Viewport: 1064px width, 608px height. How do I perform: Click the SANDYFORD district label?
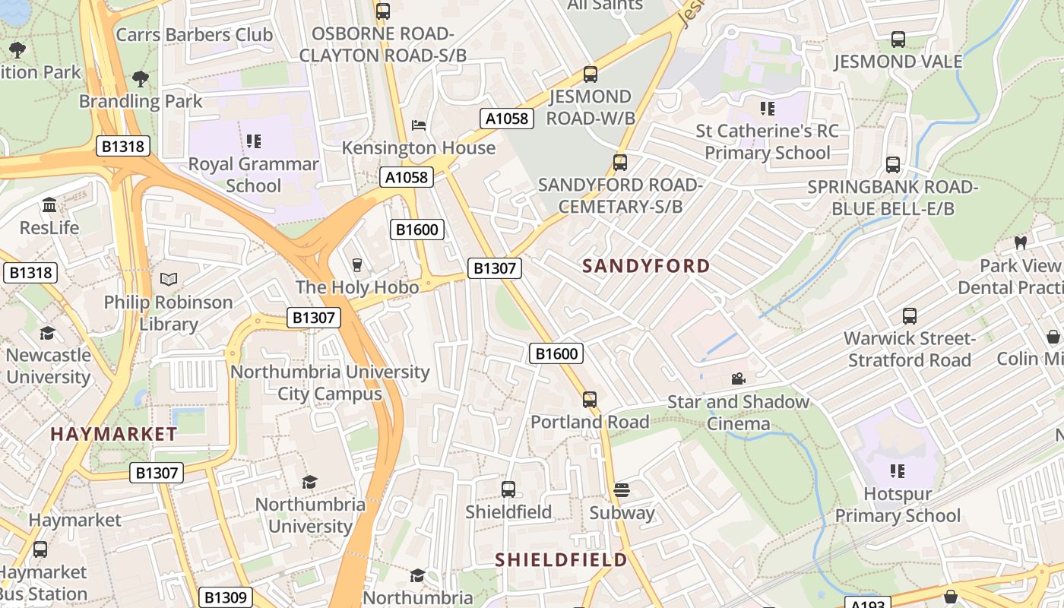[646, 266]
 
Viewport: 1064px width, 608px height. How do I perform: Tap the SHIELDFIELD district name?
[561, 560]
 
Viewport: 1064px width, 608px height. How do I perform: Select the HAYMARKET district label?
[114, 434]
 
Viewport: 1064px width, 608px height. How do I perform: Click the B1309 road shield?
[226, 597]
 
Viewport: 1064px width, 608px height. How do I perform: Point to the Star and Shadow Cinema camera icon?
[737, 378]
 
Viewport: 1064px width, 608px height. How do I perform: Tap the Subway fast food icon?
[622, 490]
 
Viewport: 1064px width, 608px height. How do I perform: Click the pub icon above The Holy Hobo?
[356, 264]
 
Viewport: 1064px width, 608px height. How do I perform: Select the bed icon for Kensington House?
[418, 125]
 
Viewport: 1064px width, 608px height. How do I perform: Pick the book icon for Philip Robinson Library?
[168, 280]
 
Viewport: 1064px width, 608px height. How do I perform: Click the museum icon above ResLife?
[49, 205]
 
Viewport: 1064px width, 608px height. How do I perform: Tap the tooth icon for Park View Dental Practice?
[1020, 243]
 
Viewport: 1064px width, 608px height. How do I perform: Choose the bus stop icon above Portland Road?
[590, 399]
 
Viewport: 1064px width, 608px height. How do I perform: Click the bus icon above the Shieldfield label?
[508, 489]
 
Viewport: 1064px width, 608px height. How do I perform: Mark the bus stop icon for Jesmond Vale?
[898, 39]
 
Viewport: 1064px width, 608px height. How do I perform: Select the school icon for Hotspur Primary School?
[898, 471]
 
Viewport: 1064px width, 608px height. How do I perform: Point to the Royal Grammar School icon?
[254, 141]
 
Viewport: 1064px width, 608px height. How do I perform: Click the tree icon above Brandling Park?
[141, 78]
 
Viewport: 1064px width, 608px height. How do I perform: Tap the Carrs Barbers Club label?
[194, 35]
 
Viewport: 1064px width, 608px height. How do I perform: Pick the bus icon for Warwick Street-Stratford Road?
[909, 316]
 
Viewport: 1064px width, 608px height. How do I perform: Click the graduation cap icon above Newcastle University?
[47, 333]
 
